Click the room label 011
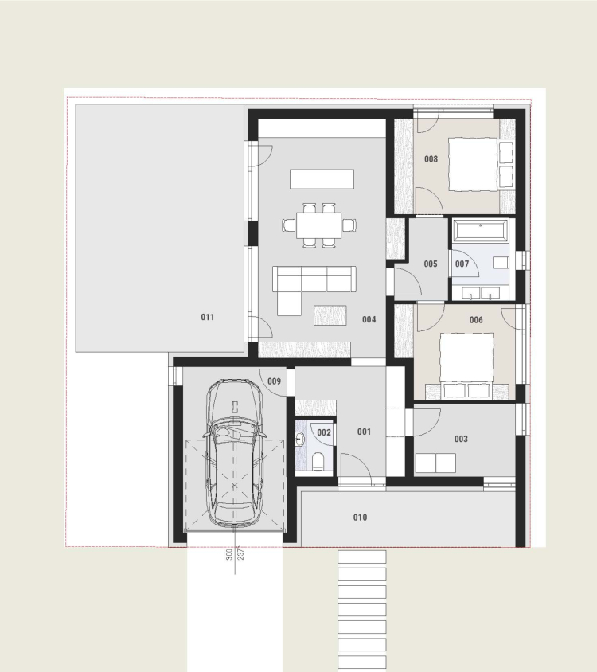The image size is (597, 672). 208,317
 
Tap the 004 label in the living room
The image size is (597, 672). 369,319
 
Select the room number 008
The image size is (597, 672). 431,159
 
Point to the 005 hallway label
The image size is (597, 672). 431,264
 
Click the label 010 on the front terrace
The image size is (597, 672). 360,518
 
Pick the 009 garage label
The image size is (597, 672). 275,381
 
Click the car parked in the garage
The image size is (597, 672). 235,452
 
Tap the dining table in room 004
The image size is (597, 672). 319,225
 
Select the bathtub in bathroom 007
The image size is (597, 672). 481,231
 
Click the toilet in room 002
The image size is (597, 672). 318,463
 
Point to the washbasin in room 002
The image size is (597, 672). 299,439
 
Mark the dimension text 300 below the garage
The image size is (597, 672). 229,555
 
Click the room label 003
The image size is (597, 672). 461,439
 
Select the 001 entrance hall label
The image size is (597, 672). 365,432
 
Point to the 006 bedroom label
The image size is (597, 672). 476,320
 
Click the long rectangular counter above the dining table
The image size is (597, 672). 322,179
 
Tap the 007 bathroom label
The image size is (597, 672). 462,264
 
